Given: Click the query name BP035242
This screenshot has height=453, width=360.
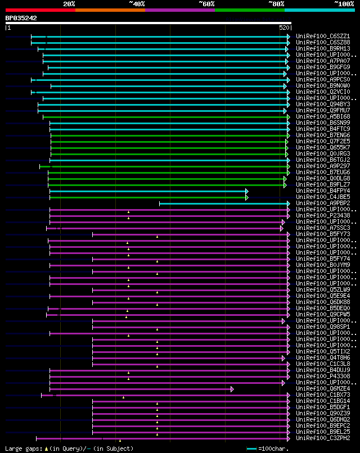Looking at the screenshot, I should pyautogui.click(x=21, y=18).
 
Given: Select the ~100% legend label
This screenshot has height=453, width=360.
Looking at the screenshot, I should pyautogui.click(x=344, y=3).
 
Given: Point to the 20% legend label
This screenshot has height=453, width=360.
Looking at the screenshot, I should pyautogui.click(x=69, y=3).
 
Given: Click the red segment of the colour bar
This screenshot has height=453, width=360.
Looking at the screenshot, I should pyautogui.click(x=40, y=10).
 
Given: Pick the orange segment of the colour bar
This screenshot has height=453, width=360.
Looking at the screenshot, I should pyautogui.click(x=110, y=10).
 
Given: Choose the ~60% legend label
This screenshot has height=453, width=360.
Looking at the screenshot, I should pyautogui.click(x=206, y=3).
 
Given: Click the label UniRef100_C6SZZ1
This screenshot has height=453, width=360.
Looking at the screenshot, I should pyautogui.click(x=323, y=36).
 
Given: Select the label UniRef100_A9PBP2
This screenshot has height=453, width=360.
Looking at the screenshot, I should pyautogui.click(x=323, y=203).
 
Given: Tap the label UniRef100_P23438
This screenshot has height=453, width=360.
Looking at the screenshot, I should pyautogui.click(x=323, y=215).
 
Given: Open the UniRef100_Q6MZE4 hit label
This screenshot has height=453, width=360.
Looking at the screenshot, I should pyautogui.click(x=323, y=388).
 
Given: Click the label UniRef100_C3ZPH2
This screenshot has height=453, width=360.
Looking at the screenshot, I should pyautogui.click(x=323, y=438).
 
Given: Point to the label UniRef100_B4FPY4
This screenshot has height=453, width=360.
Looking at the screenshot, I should pyautogui.click(x=323, y=191).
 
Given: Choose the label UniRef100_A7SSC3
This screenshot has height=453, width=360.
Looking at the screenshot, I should pyautogui.click(x=323, y=228).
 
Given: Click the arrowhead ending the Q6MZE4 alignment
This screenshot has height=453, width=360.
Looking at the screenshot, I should pyautogui.click(x=232, y=389).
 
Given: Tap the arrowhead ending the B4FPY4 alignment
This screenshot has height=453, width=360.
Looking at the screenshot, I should pyautogui.click(x=246, y=191).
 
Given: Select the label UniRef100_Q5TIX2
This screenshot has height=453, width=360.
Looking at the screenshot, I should pyautogui.click(x=323, y=351).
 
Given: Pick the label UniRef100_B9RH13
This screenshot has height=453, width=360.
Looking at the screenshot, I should pyautogui.click(x=323, y=48).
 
